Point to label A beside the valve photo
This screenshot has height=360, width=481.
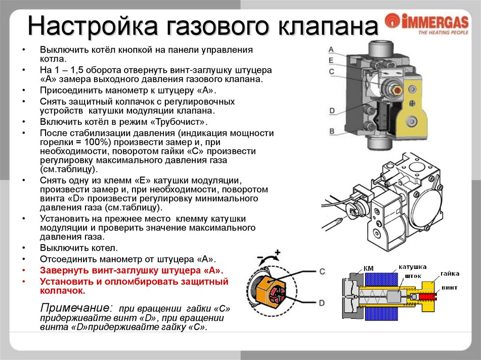(x=331, y=49)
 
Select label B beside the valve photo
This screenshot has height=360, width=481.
(x=331, y=131)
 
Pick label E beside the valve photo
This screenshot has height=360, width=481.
(x=331, y=60)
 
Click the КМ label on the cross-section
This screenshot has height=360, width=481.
(x=369, y=268)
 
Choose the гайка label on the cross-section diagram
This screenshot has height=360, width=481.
(x=450, y=273)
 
